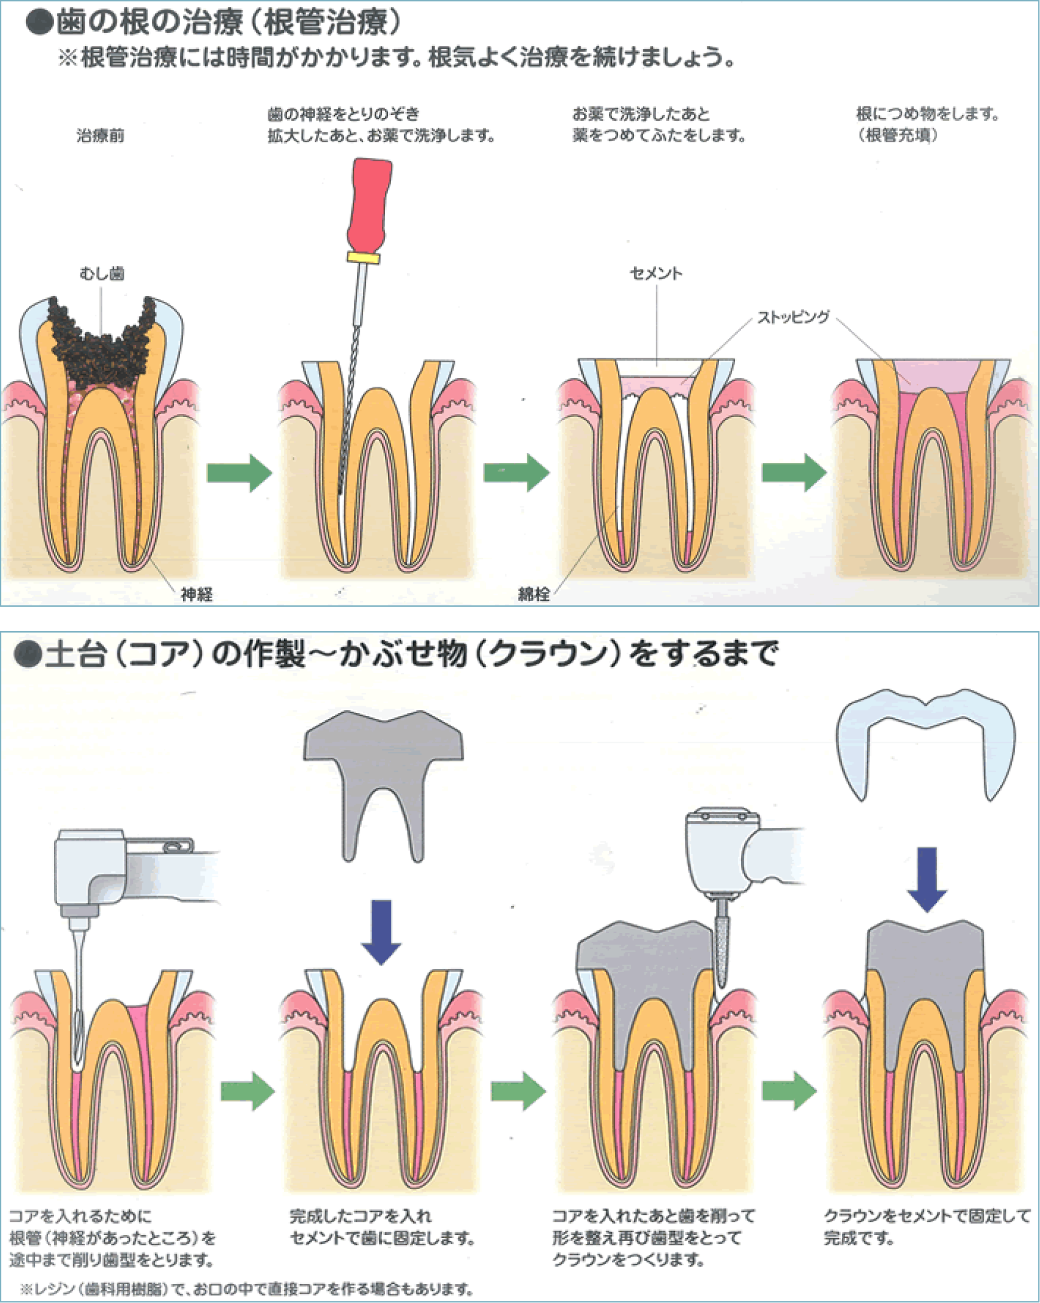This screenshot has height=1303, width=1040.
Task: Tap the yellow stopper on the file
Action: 363,258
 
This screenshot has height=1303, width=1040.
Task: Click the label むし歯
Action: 102,273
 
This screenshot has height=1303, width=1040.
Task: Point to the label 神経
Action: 196,594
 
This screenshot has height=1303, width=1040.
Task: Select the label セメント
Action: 656,273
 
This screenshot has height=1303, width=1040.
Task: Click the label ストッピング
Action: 793,316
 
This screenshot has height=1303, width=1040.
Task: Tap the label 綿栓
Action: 534,594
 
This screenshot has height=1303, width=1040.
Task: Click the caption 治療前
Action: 100,136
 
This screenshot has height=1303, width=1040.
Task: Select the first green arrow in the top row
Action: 239,473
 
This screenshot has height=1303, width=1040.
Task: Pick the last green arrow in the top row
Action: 794,473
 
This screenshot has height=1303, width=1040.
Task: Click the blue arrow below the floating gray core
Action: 381,931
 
